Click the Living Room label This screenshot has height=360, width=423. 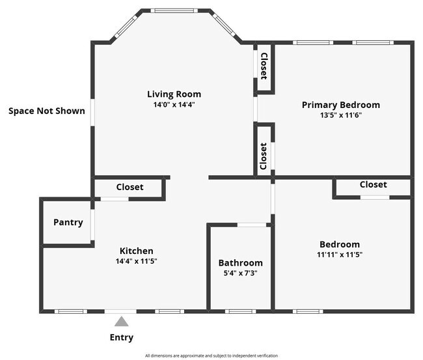tap(174, 94)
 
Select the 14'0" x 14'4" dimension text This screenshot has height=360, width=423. tap(174, 104)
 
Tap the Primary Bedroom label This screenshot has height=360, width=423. tap(340, 105)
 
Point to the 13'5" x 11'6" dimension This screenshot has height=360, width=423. tap(340, 115)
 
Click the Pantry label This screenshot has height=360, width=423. tap(68, 222)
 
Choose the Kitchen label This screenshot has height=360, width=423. tap(136, 251)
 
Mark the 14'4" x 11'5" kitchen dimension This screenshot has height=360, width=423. tap(136, 261)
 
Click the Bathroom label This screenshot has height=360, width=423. tap(240, 263)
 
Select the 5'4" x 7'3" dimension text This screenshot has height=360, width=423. tap(240, 273)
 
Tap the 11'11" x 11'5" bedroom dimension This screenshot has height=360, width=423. tap(339, 255)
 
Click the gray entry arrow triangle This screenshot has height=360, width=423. tap(122, 321)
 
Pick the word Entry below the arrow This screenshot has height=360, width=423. tap(122, 337)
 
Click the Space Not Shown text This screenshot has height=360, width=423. tap(46, 111)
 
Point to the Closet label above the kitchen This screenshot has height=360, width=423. tap(130, 187)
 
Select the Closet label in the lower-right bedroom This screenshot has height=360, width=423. tap(373, 184)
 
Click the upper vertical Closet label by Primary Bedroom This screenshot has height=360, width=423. tap(264, 66)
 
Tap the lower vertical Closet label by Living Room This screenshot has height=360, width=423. tap(264, 156)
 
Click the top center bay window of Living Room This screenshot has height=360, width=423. tap(174, 10)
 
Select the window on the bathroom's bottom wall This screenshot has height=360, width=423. tap(240, 311)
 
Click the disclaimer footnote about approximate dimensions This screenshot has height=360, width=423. tap(211, 355)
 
